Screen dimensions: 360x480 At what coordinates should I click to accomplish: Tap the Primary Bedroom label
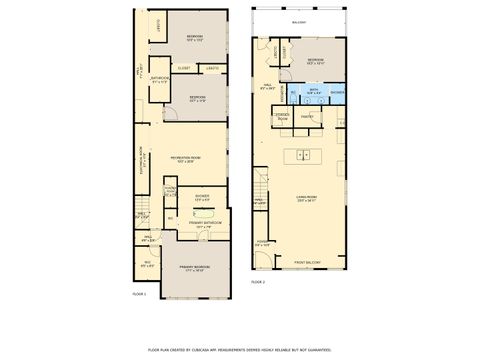193,267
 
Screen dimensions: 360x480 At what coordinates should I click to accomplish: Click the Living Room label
306,199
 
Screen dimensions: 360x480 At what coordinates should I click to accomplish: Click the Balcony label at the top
299,21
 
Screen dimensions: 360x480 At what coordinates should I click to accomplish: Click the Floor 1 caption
139,294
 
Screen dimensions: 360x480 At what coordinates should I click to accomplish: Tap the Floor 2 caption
258,282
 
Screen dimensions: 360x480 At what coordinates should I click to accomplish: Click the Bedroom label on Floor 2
316,61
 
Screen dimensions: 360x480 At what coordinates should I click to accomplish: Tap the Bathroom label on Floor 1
160,79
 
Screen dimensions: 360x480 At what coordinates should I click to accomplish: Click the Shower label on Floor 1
202,195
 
